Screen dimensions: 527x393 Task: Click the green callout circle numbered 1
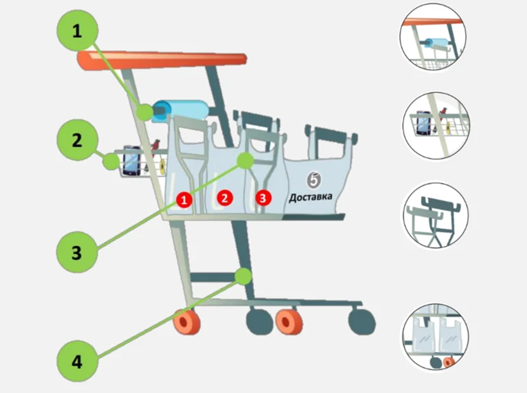(77, 31)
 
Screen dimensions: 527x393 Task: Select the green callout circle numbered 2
(77, 140)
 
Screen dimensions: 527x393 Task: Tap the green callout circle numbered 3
(77, 252)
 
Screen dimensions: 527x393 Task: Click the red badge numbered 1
(184, 201)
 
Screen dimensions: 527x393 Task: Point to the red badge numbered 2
(225, 198)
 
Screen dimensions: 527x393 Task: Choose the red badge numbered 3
(263, 198)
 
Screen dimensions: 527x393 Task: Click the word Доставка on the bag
(311, 197)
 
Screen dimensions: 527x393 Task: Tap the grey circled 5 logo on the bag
(314, 180)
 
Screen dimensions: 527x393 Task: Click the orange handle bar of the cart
(162, 61)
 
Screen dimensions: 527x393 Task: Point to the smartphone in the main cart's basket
(131, 161)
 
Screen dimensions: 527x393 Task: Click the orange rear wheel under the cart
(187, 322)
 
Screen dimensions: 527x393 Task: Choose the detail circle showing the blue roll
(433, 37)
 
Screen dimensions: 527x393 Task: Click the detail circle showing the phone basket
(436, 125)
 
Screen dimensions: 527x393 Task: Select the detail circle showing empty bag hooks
(436, 215)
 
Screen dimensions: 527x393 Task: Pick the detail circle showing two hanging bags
(436, 338)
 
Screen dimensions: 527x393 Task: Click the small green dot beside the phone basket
(111, 162)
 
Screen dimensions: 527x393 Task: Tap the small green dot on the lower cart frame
(243, 276)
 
